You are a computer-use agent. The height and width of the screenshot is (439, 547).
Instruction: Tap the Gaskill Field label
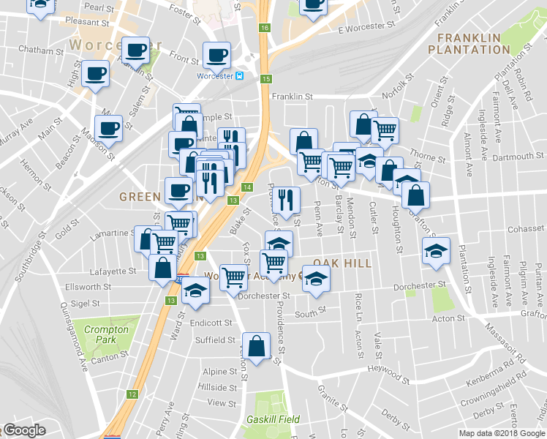[x=273, y=419]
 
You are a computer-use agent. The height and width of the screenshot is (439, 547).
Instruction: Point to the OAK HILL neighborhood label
[x=342, y=263]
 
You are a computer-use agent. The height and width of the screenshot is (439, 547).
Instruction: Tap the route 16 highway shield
[x=264, y=28]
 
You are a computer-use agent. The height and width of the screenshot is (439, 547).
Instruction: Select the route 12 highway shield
[x=132, y=394]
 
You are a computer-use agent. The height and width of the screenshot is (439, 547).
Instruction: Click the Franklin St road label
[x=292, y=96]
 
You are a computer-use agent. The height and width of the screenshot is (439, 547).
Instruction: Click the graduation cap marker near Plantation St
[x=435, y=250]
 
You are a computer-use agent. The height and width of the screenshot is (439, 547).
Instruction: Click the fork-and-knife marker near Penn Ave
[x=286, y=198]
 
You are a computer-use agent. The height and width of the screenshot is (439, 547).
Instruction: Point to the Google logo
[x=23, y=431]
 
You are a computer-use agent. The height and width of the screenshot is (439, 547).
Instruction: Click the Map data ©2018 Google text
[x=501, y=433]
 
